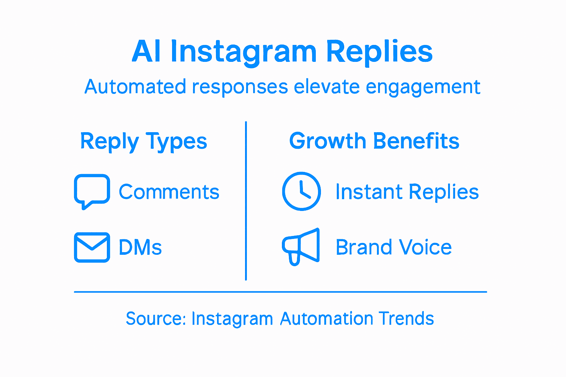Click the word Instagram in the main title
244,52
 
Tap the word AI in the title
146,52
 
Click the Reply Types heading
144,142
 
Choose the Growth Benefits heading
374,141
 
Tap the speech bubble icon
92,191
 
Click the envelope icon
92,247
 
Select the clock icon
301,191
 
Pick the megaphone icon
301,246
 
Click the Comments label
169,192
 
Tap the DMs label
140,247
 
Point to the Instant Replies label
407,192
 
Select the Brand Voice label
394,247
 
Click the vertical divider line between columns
246,201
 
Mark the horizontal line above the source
280,292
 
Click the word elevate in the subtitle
326,87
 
